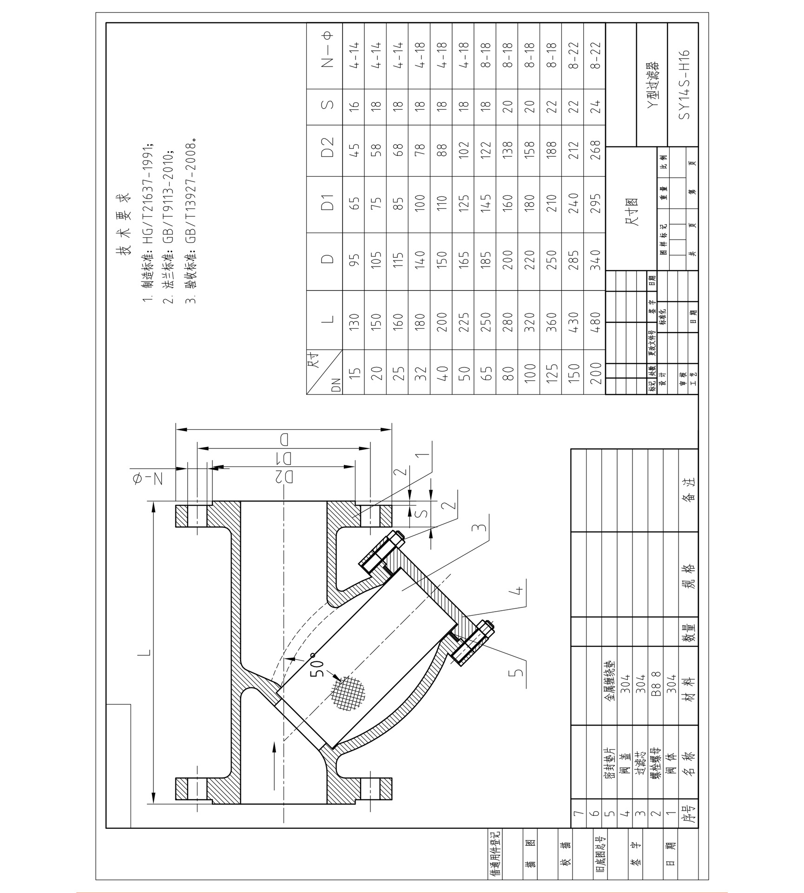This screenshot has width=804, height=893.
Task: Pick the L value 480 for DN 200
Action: (x=595, y=320)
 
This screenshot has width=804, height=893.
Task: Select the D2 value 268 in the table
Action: (x=595, y=150)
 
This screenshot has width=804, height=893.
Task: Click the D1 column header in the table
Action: (x=328, y=204)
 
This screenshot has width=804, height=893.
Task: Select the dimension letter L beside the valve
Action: (x=145, y=653)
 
